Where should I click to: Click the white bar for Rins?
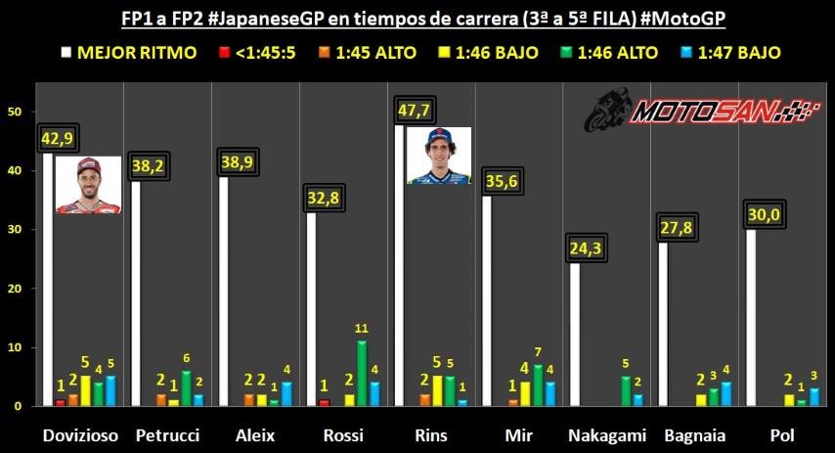[x=400, y=274]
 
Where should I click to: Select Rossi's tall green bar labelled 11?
[x=363, y=373]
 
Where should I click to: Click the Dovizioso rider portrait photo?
[x=88, y=184]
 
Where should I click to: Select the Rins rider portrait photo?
[x=439, y=156]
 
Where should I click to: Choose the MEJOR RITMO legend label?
[x=136, y=53]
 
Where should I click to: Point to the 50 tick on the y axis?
[x=14, y=112]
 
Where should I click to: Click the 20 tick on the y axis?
[x=14, y=289]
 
